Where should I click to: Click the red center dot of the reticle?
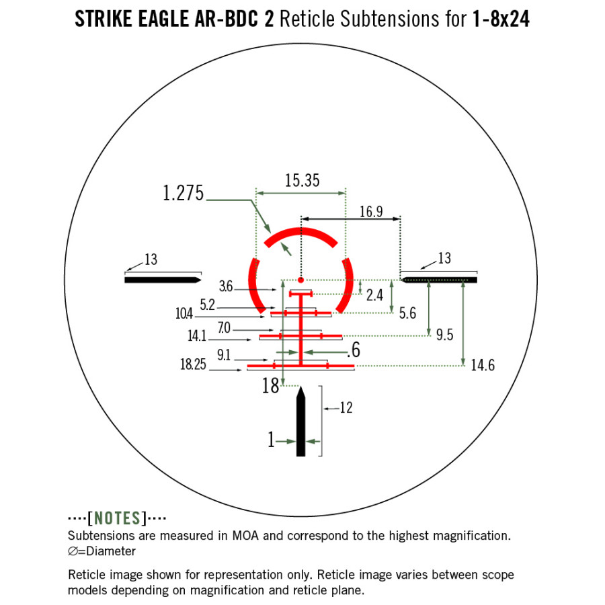[x=300, y=280]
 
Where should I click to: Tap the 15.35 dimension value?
[x=302, y=180]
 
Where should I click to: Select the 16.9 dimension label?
[x=370, y=212]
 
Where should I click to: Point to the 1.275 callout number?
[x=183, y=194]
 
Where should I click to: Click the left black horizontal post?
[x=162, y=280]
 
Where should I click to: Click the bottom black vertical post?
[x=301, y=424]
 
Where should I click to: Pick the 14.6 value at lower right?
[x=483, y=366]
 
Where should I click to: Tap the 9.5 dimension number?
[x=444, y=335]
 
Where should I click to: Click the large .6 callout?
[x=354, y=350]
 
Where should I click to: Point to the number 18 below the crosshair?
[x=270, y=387]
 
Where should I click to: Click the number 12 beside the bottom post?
[x=346, y=407]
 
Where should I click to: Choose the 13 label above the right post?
[x=444, y=259]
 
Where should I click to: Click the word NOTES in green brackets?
[x=118, y=518]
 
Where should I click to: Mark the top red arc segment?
[x=300, y=235]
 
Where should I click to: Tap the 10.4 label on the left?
[x=184, y=314]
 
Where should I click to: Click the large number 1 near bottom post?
[x=271, y=441]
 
